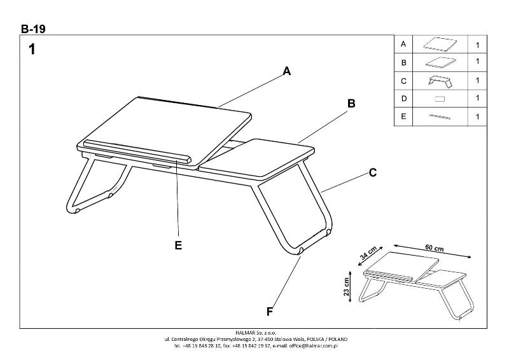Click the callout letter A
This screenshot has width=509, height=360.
287,72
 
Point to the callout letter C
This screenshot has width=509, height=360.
373,172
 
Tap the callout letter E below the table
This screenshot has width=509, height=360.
178,245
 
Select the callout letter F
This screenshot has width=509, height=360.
270,311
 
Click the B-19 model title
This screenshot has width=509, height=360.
33,28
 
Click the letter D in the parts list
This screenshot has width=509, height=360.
403,99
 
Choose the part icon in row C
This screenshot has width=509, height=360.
440,81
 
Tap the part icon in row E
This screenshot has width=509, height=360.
440,117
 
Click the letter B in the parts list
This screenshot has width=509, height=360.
403,62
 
